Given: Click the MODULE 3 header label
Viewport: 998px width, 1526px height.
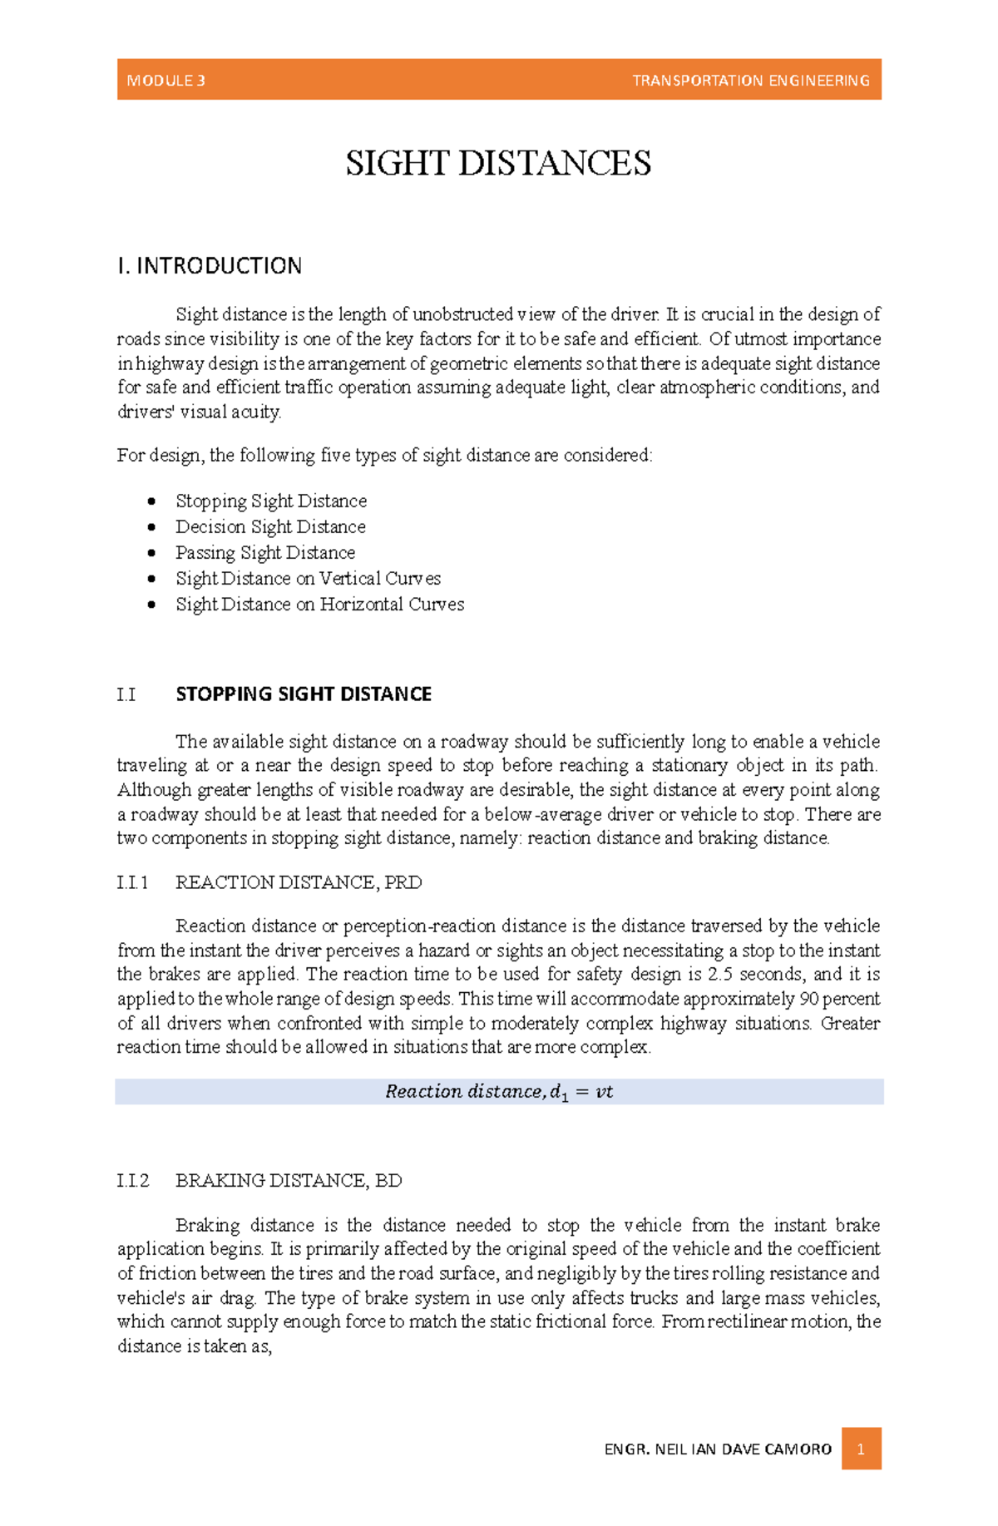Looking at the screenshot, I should pos(166,81).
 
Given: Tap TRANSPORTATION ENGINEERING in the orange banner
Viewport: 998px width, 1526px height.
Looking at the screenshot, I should pos(750,81).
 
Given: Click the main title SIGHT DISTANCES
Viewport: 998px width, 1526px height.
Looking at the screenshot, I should pos(498,163).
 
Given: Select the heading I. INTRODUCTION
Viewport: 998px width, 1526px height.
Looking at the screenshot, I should pos(210,266).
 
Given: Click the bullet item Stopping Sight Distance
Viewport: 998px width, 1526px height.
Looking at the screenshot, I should pos(271,501).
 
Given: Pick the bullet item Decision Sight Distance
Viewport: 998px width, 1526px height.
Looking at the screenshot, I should pos(270,527).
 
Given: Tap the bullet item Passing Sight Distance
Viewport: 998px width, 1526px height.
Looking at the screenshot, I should pos(265,553).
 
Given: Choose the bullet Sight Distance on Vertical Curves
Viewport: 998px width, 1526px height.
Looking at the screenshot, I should pos(308,579).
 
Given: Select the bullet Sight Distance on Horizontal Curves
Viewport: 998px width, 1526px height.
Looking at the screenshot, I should pos(319,605).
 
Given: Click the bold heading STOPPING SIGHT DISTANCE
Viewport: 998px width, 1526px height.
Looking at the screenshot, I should pos(304,694).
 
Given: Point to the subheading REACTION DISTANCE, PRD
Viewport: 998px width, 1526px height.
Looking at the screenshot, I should pos(299,883).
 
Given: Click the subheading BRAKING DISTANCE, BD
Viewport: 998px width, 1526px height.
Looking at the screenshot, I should pos(289,1181).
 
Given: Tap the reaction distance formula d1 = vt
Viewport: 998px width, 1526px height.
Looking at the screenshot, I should pos(499,1092).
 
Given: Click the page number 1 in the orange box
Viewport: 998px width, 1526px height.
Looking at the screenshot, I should pos(861,1449).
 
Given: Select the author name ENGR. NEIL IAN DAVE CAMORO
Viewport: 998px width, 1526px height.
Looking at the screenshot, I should pos(718,1449).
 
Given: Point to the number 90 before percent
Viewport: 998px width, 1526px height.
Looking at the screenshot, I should pos(808,999).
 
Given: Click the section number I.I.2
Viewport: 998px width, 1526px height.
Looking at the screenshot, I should pos(133,1181).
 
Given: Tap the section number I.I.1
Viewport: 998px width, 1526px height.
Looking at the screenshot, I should pos(133,883).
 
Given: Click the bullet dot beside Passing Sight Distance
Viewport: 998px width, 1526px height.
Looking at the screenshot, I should pos(151,553).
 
